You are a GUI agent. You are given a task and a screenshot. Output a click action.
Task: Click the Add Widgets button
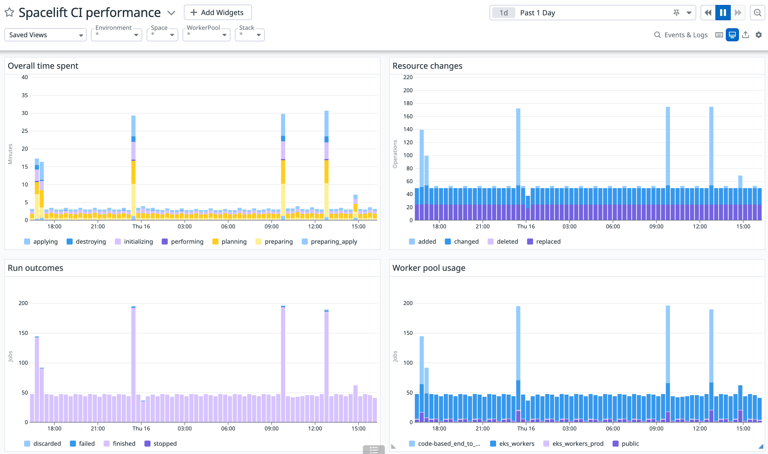(x=217, y=13)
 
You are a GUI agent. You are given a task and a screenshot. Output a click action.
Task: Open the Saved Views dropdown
(x=45, y=35)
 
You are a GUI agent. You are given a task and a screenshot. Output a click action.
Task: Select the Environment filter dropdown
(x=116, y=35)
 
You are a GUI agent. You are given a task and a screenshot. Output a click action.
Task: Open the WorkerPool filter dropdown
(x=206, y=35)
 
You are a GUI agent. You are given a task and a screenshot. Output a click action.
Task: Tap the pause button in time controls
(x=723, y=13)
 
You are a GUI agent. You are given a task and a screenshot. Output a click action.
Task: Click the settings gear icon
(x=758, y=35)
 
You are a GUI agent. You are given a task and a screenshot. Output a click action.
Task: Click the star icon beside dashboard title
(x=9, y=13)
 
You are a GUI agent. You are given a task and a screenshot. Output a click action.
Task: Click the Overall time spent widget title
(x=43, y=66)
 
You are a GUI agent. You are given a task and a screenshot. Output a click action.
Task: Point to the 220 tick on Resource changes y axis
(x=408, y=77)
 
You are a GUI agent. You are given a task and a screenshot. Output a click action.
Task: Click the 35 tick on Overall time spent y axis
(x=24, y=95)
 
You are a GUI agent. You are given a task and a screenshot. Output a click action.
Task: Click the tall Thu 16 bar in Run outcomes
(x=133, y=364)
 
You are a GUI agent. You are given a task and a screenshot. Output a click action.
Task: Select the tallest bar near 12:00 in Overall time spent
(x=326, y=165)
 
